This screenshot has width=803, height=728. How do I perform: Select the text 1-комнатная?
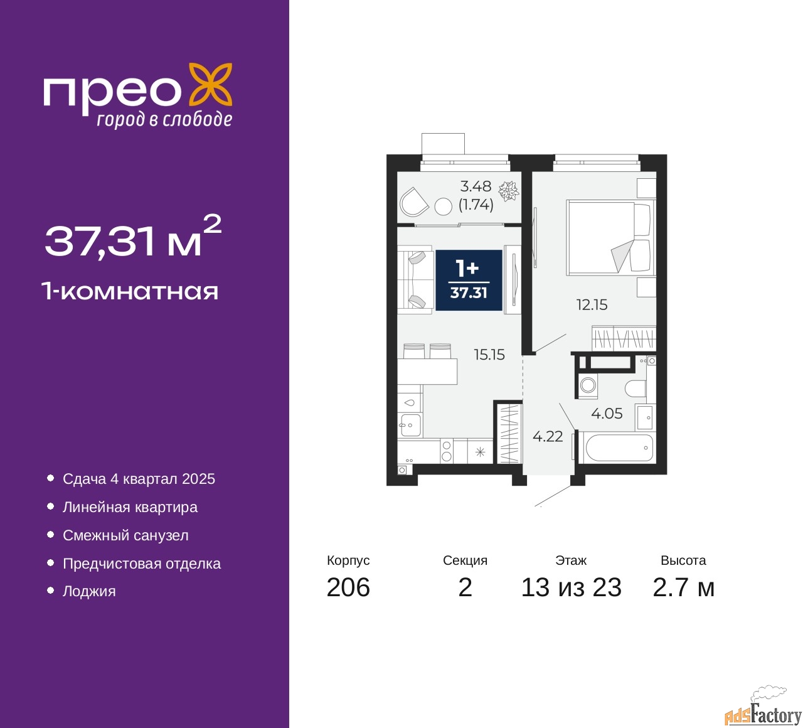[130, 291]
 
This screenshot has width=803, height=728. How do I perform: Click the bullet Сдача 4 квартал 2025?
[139, 479]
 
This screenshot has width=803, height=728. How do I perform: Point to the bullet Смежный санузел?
[125, 535]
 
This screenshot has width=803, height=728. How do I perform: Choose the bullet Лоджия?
[89, 591]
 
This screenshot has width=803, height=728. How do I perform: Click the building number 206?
[348, 587]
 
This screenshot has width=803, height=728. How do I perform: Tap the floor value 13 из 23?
[571, 587]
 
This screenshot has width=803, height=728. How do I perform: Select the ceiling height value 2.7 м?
[683, 587]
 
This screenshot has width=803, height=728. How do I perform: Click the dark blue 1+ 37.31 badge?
[469, 280]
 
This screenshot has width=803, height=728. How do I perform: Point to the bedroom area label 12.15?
[592, 305]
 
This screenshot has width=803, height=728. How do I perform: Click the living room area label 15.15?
[489, 355]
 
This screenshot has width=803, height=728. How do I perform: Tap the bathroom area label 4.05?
[607, 414]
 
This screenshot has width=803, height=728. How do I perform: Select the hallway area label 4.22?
[548, 436]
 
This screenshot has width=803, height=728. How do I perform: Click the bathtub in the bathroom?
[619, 448]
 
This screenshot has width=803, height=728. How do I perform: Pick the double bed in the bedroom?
[609, 237]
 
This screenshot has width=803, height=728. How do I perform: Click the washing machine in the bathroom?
[588, 385]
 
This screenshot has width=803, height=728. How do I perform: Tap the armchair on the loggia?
[413, 202]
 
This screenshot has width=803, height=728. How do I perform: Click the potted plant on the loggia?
[508, 190]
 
